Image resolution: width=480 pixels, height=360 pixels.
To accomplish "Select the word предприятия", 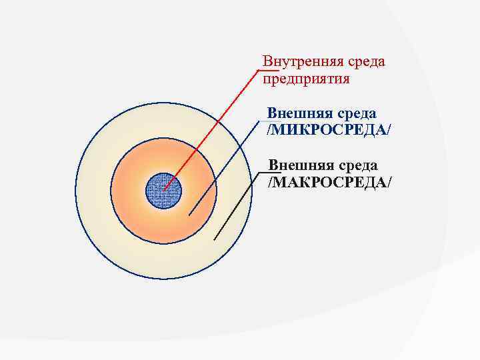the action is (x=306, y=79).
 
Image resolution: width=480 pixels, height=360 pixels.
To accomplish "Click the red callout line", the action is (x=213, y=127).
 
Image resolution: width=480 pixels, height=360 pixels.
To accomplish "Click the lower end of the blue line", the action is (x=189, y=215).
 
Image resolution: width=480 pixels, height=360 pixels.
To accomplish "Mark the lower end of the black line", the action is (x=214, y=239).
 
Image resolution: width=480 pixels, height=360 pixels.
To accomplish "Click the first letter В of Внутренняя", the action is (x=267, y=62).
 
